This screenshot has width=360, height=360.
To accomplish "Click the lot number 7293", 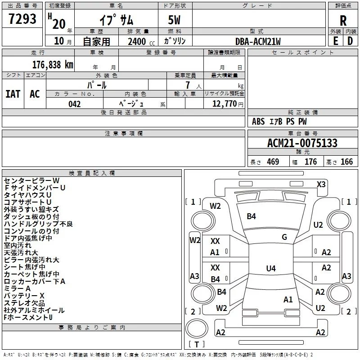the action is coord(22,19).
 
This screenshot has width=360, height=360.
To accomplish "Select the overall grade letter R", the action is coord(343,20).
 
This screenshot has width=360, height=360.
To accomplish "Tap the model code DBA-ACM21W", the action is coord(258,41).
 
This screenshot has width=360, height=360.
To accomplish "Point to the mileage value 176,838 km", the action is coord(53,64).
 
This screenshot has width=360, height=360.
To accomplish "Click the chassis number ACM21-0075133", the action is coord(302,143).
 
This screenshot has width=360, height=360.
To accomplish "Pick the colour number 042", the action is coord(74,104).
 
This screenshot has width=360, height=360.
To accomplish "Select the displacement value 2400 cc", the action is coord(141,41).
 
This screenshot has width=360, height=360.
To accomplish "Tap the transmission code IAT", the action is coord(13,94).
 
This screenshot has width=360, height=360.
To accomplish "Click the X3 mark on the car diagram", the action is coord(321,184).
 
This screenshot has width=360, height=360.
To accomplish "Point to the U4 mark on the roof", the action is coord(271,268).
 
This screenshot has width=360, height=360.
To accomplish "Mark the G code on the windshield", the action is coord(284,237).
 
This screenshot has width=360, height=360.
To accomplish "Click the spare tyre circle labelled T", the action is coord(197,328).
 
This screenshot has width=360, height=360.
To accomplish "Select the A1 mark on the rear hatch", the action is coord(288,299).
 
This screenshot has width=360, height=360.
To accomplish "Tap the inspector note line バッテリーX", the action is coord(24,296).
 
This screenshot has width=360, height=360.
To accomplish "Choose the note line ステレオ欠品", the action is coord(24,303).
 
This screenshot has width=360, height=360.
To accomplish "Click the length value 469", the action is coord(273,162).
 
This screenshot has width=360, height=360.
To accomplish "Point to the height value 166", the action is coord(346,162).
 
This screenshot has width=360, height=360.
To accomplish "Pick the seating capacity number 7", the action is coord(188,85).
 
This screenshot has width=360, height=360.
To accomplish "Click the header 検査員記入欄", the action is coord(92,173).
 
